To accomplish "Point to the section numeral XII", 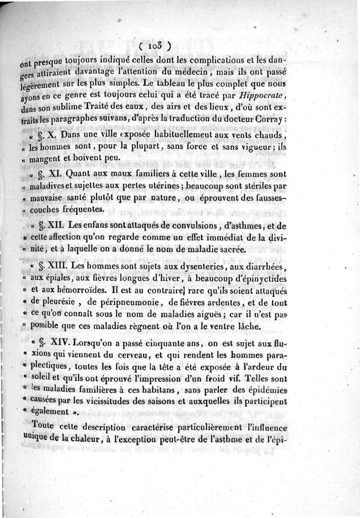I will (63, 226).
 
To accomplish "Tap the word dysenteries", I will (204, 266).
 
